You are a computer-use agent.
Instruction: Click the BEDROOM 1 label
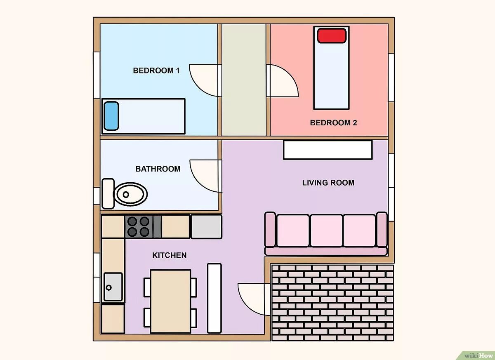point(156,71)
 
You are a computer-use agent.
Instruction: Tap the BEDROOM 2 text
point(333,123)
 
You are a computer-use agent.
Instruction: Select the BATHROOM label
point(158,169)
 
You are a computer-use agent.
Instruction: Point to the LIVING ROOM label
point(328,183)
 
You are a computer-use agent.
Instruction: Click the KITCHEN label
point(170,255)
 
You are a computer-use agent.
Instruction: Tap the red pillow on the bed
point(332,35)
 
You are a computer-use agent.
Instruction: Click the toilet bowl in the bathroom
point(130,194)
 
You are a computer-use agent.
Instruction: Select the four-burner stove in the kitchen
point(139,227)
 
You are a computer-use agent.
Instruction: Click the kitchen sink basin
point(113,287)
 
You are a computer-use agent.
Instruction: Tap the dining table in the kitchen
point(171,301)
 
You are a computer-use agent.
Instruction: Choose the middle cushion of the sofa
point(326,231)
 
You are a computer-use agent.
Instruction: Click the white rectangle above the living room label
point(328,150)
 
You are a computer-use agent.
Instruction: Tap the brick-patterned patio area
point(332,303)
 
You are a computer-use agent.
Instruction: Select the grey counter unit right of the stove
point(206,227)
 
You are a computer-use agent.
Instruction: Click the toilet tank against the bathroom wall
point(108,194)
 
